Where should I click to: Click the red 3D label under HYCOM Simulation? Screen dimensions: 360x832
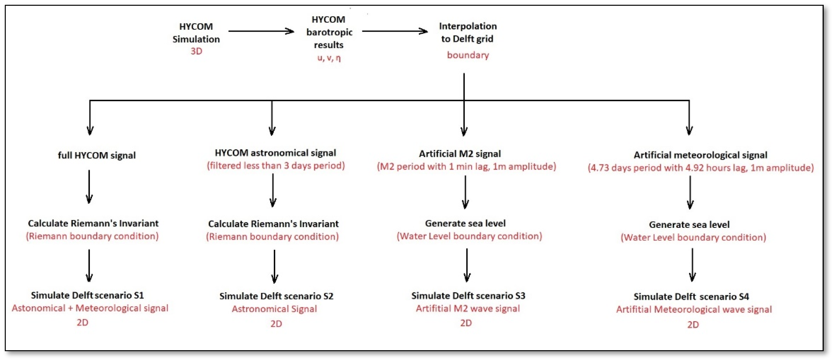[x=196, y=51]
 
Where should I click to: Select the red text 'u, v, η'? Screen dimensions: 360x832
[x=329, y=58]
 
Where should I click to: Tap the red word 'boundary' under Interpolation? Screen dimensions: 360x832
[x=468, y=55]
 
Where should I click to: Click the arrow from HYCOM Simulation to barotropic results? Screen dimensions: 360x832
[x=261, y=31]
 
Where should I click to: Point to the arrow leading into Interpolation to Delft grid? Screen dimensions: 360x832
[x=395, y=31]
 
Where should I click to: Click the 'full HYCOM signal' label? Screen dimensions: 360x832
[x=97, y=155]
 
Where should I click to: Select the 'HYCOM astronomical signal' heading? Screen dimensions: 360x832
[x=275, y=153]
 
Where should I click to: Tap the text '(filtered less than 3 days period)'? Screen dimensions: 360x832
[x=276, y=166]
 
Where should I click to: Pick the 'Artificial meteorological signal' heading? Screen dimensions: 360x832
[x=700, y=155]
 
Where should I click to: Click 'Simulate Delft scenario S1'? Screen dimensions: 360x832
[x=87, y=295]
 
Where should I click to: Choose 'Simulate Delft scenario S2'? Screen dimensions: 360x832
[x=276, y=296]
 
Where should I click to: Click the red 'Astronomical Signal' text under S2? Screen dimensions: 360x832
[x=274, y=309]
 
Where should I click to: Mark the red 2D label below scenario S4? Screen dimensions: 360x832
[x=693, y=324]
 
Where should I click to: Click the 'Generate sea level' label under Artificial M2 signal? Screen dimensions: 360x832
[x=465, y=223]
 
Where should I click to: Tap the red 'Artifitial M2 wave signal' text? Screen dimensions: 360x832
[x=468, y=308]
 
